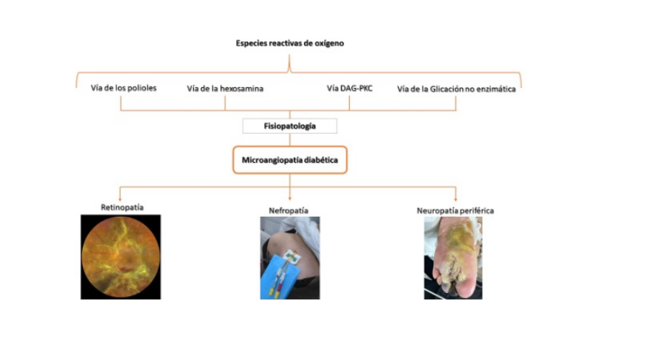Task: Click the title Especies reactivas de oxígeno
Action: pos(289,43)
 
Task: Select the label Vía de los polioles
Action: pos(124,88)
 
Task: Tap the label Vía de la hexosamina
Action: pos(225,89)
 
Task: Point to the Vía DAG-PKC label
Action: pos(350,88)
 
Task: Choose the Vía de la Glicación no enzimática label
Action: pos(456,89)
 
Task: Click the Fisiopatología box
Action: pos(289,126)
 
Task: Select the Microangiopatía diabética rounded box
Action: pos(289,160)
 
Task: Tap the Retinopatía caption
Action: pos(122,207)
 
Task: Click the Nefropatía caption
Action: pos(289,211)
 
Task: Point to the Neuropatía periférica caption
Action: pos(455,211)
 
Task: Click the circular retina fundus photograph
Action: pos(121,256)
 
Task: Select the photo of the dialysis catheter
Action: pos(289,258)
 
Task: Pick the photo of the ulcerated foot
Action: pos(453,258)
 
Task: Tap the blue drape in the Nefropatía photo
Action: pos(276,278)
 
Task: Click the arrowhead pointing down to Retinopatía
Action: pos(120,199)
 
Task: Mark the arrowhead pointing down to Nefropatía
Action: pos(289,199)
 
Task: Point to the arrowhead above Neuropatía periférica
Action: pos(456,199)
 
